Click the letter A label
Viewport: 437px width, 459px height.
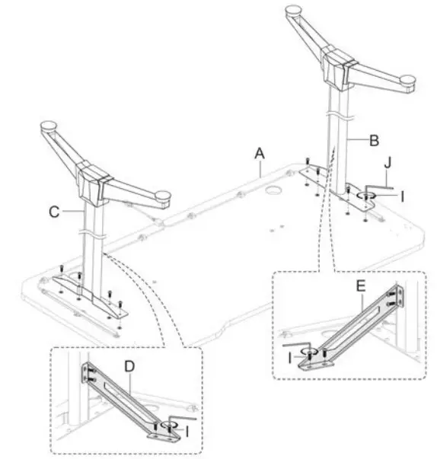click(260, 153)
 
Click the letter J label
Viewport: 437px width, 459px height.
click(388, 161)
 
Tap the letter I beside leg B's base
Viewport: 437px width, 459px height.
click(403, 195)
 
